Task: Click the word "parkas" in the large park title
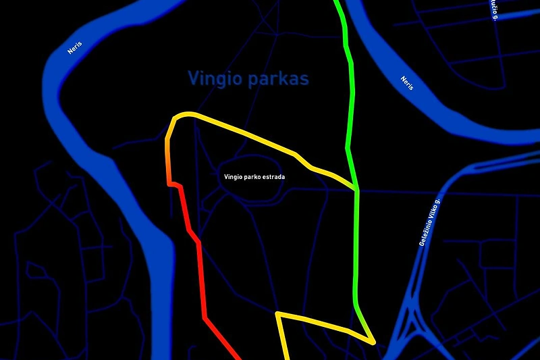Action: pos(278,79)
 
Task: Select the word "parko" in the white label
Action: pos(251,176)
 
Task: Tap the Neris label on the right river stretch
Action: pos(406,84)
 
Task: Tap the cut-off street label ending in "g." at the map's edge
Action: pos(494,9)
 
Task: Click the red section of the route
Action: pos(200,270)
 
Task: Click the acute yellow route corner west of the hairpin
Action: pos(277,314)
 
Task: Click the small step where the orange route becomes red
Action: pos(174,184)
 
